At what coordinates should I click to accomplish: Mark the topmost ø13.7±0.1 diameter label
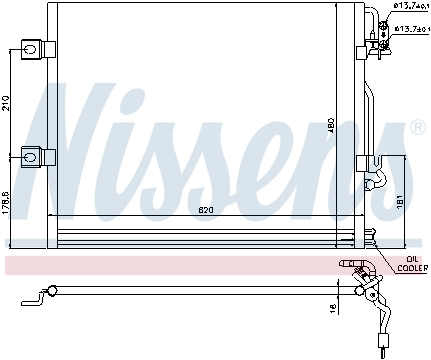(x=407, y=7)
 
